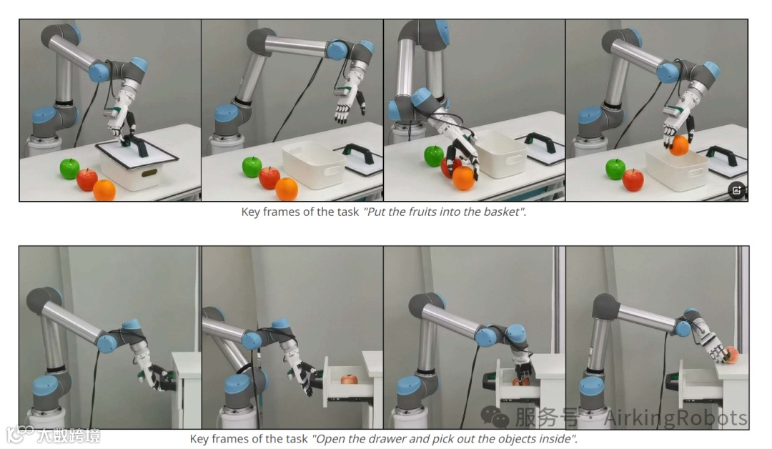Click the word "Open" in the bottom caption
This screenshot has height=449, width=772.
click(327, 439)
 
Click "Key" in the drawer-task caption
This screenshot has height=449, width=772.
click(199, 439)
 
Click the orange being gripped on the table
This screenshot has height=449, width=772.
click(464, 178)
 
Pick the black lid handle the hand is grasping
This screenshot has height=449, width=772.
click(136, 145)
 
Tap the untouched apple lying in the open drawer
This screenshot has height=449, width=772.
click(349, 379)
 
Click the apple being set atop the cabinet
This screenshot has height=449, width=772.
click(731, 355)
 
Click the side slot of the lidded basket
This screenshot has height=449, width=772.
click(149, 173)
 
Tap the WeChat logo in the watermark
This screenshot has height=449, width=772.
click(495, 417)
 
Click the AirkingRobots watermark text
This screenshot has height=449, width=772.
click(675, 418)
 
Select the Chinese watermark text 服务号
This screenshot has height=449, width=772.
click(547, 418)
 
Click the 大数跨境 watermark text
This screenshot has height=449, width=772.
click(69, 435)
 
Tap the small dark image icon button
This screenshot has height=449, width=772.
click(736, 190)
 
